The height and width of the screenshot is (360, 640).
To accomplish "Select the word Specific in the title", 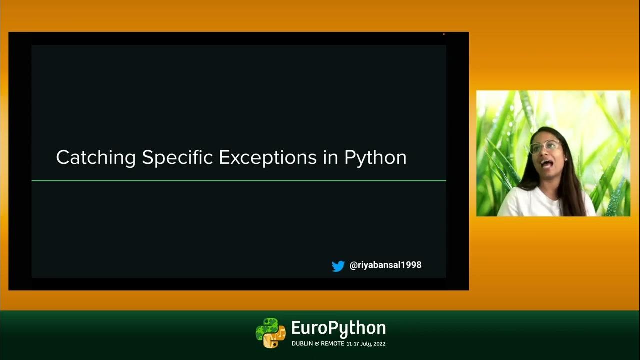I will click(178, 158).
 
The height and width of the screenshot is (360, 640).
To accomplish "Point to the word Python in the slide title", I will click(375, 158).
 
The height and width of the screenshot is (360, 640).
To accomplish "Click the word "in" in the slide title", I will click(330, 158).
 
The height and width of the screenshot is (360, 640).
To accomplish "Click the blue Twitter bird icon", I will click(338, 266).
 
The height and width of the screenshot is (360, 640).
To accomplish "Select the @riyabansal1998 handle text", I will click(385, 265).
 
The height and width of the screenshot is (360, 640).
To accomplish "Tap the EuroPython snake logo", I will click(270, 333).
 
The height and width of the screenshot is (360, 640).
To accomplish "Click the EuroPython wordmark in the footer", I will click(338, 328).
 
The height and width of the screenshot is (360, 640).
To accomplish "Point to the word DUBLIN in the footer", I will click(302, 344).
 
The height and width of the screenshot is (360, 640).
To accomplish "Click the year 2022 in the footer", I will click(379, 344).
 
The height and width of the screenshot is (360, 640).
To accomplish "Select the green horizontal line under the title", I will click(239, 180).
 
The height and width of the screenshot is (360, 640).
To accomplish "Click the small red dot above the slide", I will click(444, 34).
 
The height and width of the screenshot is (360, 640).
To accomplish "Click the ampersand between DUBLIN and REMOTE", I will click(316, 344).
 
